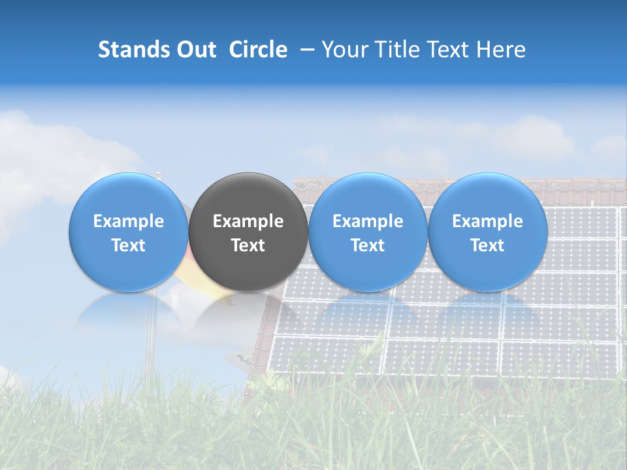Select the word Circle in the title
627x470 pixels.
tap(258, 50)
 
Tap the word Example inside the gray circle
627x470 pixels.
tap(248, 221)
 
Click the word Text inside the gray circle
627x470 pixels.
tap(248, 245)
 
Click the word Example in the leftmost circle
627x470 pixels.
tap(129, 221)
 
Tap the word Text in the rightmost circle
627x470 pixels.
tap(488, 245)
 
